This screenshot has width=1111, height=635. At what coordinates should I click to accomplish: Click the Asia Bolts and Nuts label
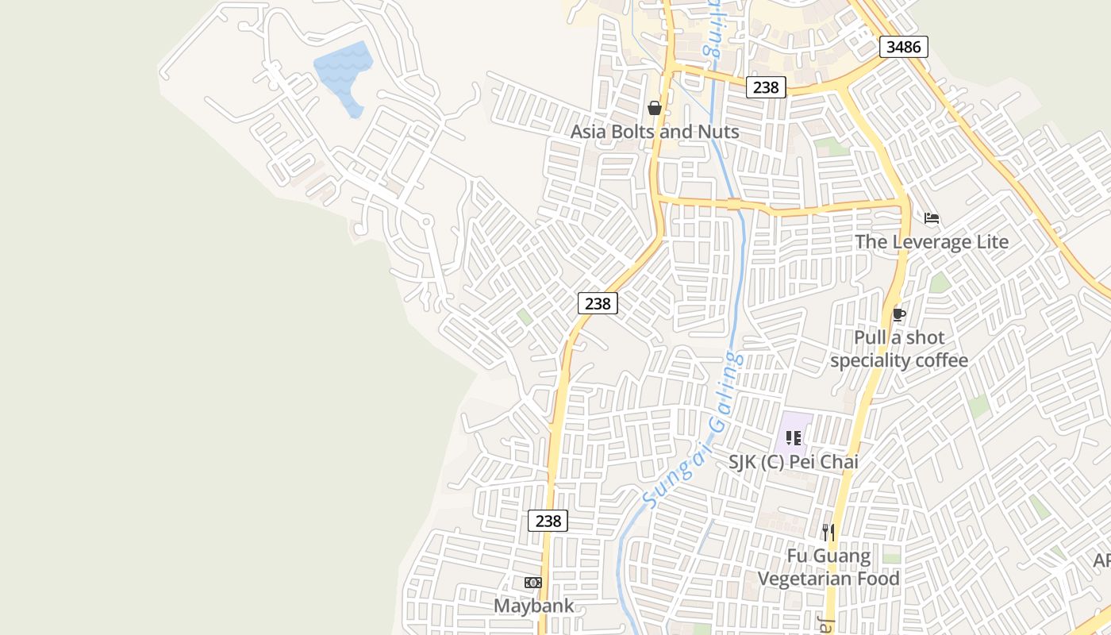pyautogui.click(x=655, y=132)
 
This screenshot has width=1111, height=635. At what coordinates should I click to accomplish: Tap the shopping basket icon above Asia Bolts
pyautogui.click(x=655, y=108)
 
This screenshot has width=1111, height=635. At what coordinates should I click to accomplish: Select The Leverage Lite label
pyautogui.click(x=932, y=241)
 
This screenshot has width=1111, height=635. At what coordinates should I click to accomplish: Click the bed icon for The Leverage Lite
pyautogui.click(x=932, y=218)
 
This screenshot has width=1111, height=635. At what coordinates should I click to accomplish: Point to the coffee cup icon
pyautogui.click(x=898, y=314)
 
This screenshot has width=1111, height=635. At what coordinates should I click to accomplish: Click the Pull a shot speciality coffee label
pyautogui.click(x=899, y=349)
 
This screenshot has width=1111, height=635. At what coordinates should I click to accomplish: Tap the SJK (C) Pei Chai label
pyautogui.click(x=794, y=461)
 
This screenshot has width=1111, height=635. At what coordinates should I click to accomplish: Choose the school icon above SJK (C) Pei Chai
pyautogui.click(x=794, y=438)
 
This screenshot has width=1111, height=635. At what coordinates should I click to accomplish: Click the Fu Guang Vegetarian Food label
pyautogui.click(x=828, y=567)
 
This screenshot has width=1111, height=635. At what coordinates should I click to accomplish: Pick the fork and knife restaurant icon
pyautogui.click(x=828, y=532)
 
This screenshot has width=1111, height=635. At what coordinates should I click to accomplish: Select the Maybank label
pyautogui.click(x=533, y=606)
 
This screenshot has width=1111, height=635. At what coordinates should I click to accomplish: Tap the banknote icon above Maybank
pyautogui.click(x=533, y=583)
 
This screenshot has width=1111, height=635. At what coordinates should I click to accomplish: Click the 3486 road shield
pyautogui.click(x=904, y=47)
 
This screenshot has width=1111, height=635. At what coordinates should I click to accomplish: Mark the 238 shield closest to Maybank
pyautogui.click(x=548, y=521)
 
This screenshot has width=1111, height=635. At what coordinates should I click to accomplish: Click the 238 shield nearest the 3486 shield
pyautogui.click(x=766, y=87)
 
